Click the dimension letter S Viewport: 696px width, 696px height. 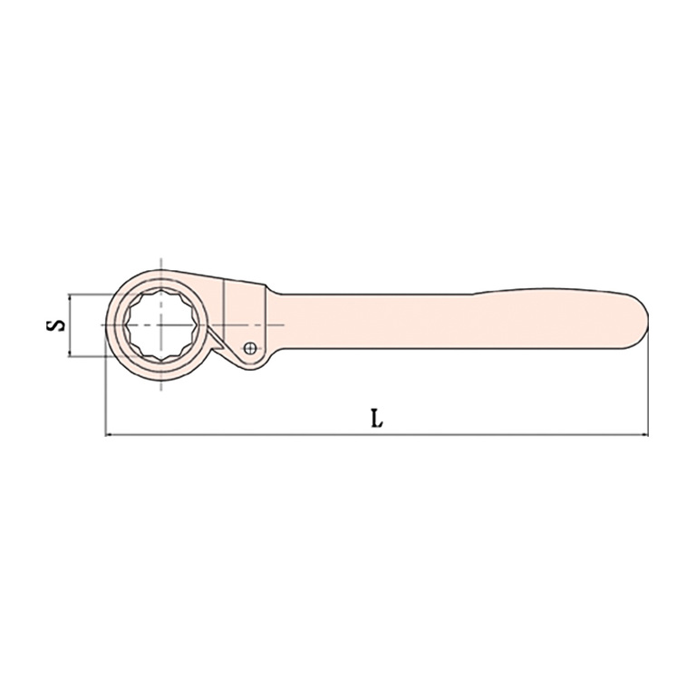pos(56,325)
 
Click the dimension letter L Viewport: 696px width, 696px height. pos(376,418)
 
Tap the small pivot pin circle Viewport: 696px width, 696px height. pos(250,348)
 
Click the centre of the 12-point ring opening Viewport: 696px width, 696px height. pos(160,325)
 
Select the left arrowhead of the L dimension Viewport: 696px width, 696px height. pos(109,435)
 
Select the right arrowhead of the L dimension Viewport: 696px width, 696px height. pos(644,435)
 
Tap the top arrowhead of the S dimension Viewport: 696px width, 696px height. pos(69,297)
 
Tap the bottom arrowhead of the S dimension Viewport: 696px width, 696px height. pos(69,353)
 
